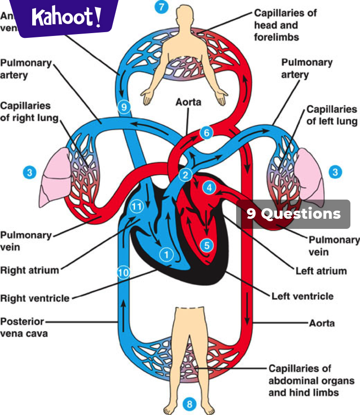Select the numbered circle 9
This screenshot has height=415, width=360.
pyautogui.click(x=124, y=107)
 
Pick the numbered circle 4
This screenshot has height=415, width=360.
pyautogui.click(x=209, y=188)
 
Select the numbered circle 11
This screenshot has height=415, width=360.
pyautogui.click(x=137, y=207)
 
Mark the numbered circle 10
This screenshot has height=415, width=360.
pyautogui.click(x=123, y=273)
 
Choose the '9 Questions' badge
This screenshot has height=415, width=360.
pyautogui.click(x=293, y=214)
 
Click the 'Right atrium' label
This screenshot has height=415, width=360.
pyautogui.click(x=30, y=270)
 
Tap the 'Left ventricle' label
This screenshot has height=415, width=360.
pyautogui.click(x=302, y=296)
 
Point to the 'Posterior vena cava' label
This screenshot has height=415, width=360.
pyautogui.click(x=24, y=327)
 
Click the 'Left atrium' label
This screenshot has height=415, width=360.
pyautogui.click(x=321, y=271)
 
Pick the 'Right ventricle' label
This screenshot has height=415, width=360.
pyautogui.click(x=35, y=298)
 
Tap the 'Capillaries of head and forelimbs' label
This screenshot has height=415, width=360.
pyautogui.click(x=285, y=25)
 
